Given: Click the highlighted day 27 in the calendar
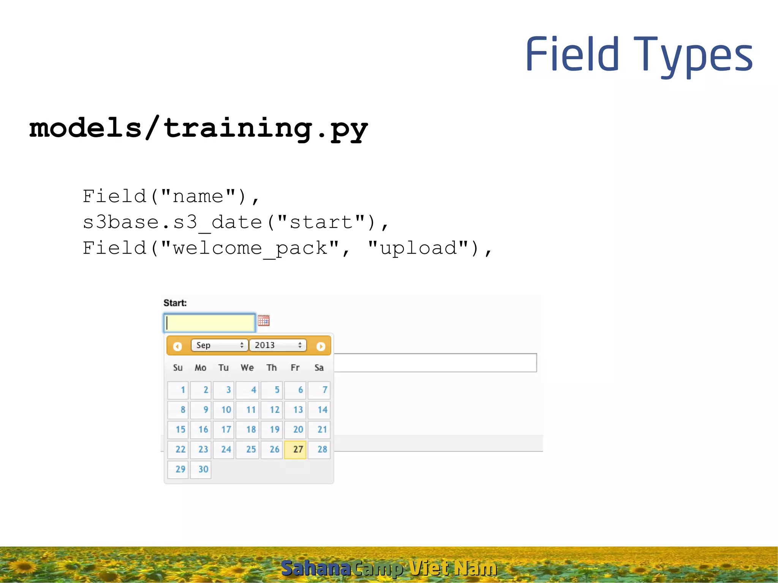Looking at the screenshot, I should [295, 450].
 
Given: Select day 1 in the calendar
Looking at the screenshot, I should [178, 390].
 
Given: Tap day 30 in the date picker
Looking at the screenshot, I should [201, 469].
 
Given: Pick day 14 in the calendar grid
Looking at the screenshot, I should [319, 410].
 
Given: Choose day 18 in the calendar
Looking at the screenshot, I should [247, 430].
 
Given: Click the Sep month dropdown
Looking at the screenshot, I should [220, 345].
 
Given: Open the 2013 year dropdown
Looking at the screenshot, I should [278, 345].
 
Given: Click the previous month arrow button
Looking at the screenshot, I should [177, 346].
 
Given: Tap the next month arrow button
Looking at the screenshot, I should [321, 346].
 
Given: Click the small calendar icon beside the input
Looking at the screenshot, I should [264, 321].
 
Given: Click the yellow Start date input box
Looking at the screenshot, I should [210, 323].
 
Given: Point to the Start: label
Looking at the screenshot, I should [175, 303].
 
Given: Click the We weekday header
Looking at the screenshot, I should [247, 368].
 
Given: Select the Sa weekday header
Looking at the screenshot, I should [319, 368].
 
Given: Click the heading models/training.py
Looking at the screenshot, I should [198, 128].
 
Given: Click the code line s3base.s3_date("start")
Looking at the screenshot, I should [236, 222].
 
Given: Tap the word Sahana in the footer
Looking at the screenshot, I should [315, 568].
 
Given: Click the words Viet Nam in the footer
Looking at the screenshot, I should [453, 568].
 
